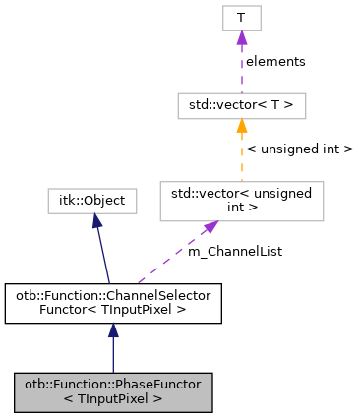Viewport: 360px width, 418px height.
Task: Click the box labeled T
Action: pos(241,17)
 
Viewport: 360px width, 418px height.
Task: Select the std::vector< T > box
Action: pos(241,103)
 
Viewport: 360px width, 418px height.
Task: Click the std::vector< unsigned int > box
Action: pos(241,201)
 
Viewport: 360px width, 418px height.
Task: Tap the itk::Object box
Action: pos(91,201)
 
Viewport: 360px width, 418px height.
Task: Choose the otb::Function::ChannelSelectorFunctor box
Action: pos(112,304)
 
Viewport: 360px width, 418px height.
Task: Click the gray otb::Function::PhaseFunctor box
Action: pos(112,392)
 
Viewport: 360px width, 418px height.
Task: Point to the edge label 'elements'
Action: pos(275,61)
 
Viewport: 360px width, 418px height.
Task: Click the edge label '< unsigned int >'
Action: pos(298,149)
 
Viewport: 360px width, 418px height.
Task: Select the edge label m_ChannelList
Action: pos(234,252)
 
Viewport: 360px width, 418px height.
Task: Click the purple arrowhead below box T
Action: pos(241,37)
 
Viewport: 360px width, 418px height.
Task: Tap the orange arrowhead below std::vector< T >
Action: pos(241,125)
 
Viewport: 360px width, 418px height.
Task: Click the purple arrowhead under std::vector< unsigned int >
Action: pos(210,228)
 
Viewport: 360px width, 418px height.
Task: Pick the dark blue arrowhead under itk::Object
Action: pos(96,222)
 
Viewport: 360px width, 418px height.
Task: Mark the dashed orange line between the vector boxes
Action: pos(241,157)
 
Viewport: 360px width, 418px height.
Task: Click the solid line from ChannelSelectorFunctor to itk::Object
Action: pos(103,256)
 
